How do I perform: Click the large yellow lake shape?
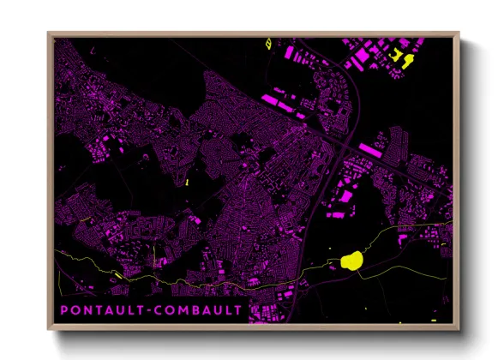(x=352, y=260)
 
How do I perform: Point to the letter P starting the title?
(x=64, y=309)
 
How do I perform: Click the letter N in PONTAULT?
(x=88, y=309)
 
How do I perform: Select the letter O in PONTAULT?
(x=75, y=309)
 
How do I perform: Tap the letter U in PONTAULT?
(x=123, y=309)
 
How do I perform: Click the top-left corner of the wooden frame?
(x=48, y=33)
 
